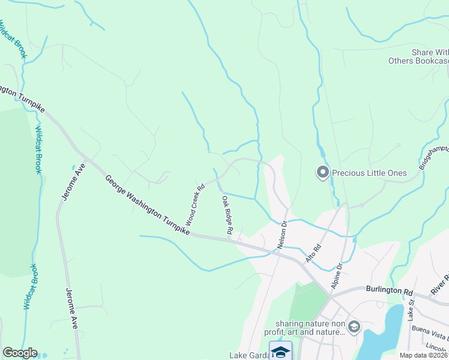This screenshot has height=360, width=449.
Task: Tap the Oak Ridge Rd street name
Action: click(x=227, y=214)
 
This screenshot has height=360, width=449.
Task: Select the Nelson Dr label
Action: click(x=282, y=234)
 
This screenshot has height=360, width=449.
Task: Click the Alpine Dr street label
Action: click(x=336, y=274)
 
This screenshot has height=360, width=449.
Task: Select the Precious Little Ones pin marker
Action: click(x=322, y=173)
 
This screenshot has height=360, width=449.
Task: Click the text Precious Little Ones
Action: click(x=370, y=173)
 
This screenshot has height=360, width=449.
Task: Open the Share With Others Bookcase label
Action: click(x=420, y=56)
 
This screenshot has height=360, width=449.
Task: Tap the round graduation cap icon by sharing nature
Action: click(x=354, y=326)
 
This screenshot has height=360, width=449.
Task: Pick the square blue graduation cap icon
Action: click(x=280, y=351)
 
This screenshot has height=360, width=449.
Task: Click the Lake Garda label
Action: click(x=249, y=355)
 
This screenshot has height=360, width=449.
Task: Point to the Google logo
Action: click(x=20, y=353)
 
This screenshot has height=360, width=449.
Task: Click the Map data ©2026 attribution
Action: click(x=424, y=355)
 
